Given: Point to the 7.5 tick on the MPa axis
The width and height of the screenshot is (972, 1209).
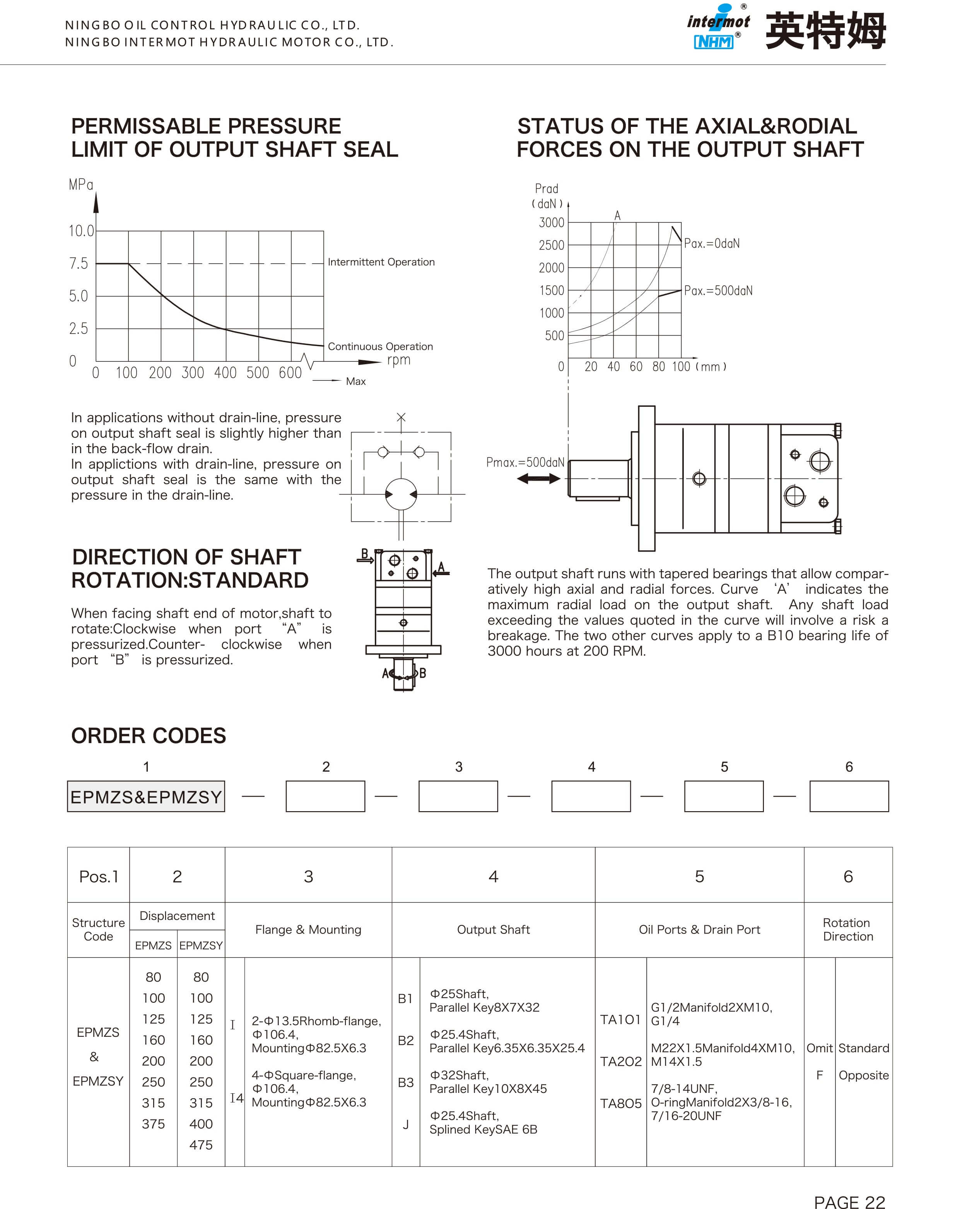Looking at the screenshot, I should coord(79,264).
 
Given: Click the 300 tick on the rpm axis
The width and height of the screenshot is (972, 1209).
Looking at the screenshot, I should coord(193,373).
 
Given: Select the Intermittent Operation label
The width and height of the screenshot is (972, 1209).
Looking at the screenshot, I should coord(381,262).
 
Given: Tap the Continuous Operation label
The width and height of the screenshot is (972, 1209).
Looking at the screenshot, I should coord(380,346).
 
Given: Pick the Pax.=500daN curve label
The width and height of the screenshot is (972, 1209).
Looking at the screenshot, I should coord(718,291).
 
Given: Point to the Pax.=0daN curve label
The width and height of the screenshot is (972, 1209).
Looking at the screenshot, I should coord(711,243).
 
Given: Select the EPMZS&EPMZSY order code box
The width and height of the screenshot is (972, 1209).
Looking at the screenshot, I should coord(146,796).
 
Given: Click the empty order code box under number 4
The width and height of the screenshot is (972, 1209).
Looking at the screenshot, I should coord(591,796).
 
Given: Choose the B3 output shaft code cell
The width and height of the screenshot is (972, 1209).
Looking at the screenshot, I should coord(405,1082).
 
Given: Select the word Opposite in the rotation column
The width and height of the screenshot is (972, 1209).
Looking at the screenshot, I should coord(863,1075).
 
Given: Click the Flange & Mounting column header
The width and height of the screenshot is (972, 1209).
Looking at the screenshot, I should coord(308,930).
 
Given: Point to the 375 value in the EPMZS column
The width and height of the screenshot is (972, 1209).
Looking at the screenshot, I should coord(153,1124).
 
